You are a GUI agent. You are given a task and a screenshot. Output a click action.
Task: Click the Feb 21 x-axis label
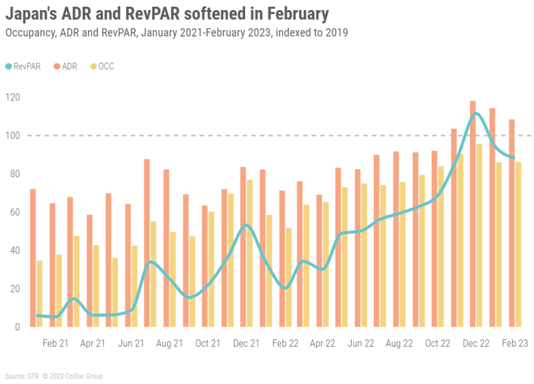click(55, 343)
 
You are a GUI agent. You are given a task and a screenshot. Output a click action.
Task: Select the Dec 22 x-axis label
click(476, 343)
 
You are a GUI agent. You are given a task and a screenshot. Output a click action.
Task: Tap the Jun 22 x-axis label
click(361, 343)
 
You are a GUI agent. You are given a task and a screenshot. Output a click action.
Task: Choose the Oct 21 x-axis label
click(208, 343)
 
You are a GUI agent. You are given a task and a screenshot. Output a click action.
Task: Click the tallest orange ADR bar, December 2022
click(473, 214)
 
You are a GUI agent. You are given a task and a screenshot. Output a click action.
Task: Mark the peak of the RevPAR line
click(475, 114)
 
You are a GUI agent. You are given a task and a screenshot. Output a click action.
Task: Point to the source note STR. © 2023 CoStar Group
click(53, 377)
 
